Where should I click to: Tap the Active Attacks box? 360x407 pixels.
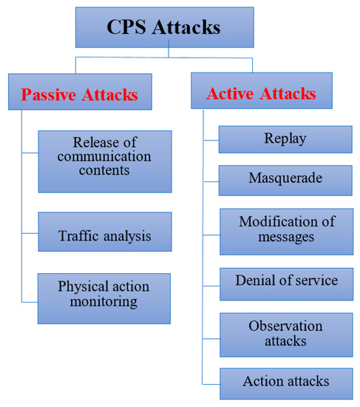(260, 93)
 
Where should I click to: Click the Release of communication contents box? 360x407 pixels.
(104, 161)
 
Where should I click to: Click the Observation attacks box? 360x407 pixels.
(285, 334)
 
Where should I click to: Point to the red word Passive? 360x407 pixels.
(48, 95)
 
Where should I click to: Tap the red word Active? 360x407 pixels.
(229, 94)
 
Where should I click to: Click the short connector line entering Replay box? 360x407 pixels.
(211, 138)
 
